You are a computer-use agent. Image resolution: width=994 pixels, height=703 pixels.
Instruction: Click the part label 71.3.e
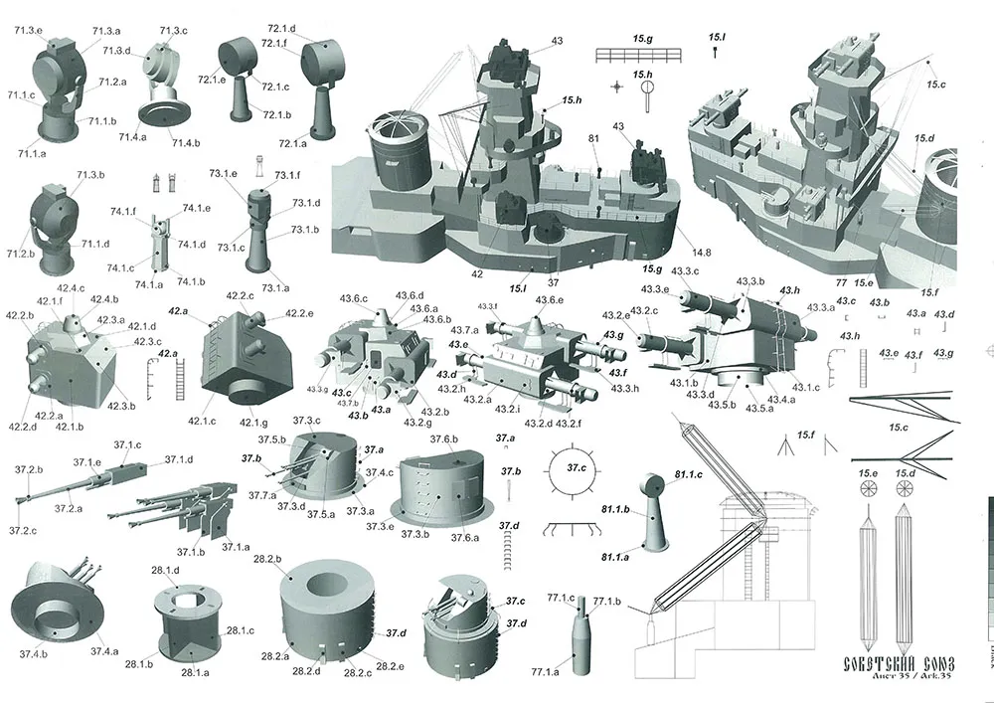[28, 31]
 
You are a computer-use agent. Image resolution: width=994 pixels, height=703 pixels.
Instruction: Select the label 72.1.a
[293, 144]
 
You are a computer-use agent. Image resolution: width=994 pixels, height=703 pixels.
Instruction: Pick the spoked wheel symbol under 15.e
[870, 489]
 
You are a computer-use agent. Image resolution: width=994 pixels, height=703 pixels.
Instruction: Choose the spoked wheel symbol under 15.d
[904, 489]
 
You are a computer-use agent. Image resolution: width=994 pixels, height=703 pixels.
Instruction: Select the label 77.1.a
[545, 673]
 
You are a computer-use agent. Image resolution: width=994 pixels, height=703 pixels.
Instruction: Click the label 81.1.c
[688, 475]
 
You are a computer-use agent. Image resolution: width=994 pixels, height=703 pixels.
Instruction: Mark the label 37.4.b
[32, 653]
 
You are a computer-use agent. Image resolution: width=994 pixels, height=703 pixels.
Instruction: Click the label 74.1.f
[124, 211]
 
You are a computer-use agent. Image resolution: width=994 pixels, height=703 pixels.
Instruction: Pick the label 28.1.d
[165, 571]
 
